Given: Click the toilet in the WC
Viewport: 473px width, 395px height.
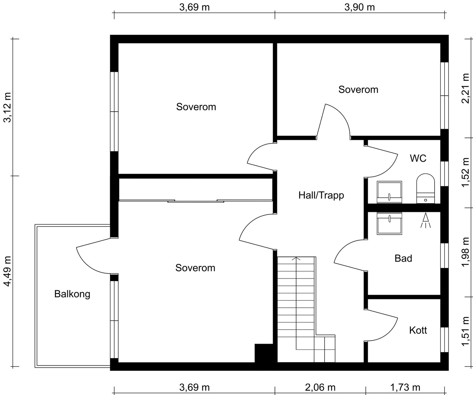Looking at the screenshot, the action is (x=426, y=188).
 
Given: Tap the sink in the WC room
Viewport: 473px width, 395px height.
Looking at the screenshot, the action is (x=389, y=192).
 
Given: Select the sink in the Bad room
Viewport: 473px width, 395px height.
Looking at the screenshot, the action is (x=389, y=223).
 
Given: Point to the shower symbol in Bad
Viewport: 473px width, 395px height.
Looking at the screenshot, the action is (x=426, y=220).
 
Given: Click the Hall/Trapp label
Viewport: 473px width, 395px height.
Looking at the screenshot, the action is (x=321, y=196).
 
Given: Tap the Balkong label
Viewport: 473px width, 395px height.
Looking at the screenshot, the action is (x=72, y=294).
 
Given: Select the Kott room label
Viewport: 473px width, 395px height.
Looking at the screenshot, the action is (x=418, y=330).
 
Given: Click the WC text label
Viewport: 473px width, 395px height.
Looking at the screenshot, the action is (x=418, y=158).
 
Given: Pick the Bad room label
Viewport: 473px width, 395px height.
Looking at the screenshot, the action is (x=403, y=258).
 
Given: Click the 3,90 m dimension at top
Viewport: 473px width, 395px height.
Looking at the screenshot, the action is (x=359, y=7).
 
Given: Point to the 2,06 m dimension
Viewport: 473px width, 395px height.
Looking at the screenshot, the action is (x=320, y=387).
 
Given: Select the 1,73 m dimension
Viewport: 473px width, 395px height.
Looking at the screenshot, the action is (x=405, y=387).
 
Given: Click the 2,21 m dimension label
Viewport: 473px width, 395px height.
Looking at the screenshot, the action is (x=465, y=88).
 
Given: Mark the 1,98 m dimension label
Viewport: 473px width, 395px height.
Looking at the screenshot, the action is (x=465, y=252).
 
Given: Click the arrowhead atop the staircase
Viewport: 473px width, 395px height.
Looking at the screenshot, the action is (x=296, y=259).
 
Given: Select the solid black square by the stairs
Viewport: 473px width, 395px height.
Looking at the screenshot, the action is (x=264, y=353).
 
